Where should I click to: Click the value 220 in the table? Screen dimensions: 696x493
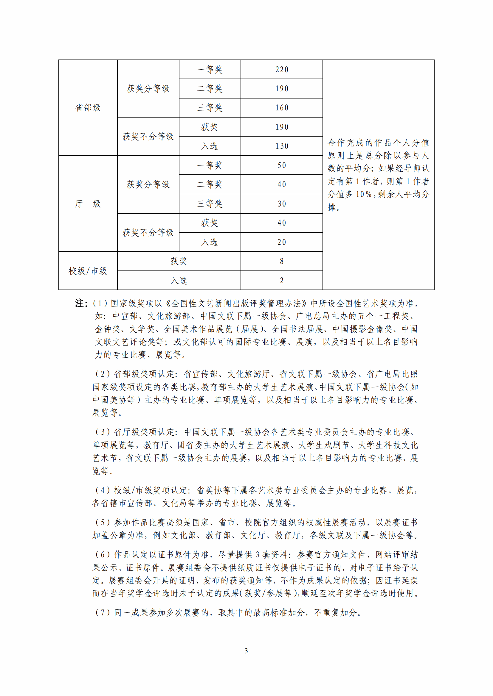pyautogui.click(x=281, y=70)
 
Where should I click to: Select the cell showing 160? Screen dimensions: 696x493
pyautogui.click(x=281, y=108)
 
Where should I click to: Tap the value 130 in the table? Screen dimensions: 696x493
pyautogui.click(x=281, y=146)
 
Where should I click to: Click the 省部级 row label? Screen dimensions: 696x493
pyautogui.click(x=88, y=108)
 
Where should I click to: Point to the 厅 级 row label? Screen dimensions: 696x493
pyautogui.click(x=88, y=204)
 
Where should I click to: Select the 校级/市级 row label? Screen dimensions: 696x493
pyautogui.click(x=88, y=271)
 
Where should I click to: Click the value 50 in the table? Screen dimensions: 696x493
pyautogui.click(x=281, y=165)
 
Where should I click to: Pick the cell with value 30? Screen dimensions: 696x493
pyautogui.click(x=281, y=204)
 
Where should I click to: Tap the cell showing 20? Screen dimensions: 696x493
pyautogui.click(x=281, y=242)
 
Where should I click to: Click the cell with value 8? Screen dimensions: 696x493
pyautogui.click(x=281, y=261)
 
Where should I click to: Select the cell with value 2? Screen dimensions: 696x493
pyautogui.click(x=281, y=281)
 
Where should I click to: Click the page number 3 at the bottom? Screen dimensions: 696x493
pyautogui.click(x=246, y=651)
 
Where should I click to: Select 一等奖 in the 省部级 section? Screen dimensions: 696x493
pyautogui.click(x=210, y=70)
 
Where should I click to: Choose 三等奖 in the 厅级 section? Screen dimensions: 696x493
pyautogui.click(x=210, y=204)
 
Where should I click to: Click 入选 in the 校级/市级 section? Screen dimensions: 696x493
pyautogui.click(x=179, y=281)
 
